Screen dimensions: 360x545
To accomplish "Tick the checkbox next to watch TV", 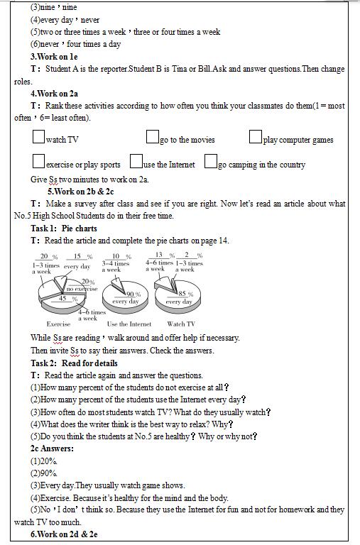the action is [38, 136].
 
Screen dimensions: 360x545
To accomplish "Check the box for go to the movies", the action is [153, 136].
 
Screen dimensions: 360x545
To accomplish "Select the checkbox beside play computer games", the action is [256, 136].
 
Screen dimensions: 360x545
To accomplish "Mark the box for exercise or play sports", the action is [38, 161].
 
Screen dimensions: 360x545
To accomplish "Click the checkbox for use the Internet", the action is [136, 161].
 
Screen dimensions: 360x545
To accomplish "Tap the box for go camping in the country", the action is [211, 161].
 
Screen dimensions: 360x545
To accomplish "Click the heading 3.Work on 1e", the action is [54, 57].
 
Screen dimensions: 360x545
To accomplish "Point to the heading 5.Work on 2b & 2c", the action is [81, 192].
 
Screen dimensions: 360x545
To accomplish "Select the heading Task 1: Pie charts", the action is [64, 229].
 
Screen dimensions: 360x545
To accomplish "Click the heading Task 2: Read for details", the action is [74, 363].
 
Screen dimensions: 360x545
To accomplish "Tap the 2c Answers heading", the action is [52, 448].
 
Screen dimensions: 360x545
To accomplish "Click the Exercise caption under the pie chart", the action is [58, 324].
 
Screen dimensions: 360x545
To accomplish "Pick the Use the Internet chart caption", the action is [129, 324].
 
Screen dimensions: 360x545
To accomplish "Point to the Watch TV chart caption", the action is [181, 324].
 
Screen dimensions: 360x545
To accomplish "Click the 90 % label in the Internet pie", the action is [133, 294].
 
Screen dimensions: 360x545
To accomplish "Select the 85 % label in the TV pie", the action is [185, 294].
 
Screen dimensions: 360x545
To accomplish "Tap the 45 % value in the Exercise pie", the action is [67, 299].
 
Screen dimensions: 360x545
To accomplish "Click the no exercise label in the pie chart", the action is [82, 289].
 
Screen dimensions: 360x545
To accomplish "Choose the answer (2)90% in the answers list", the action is [44, 473].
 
